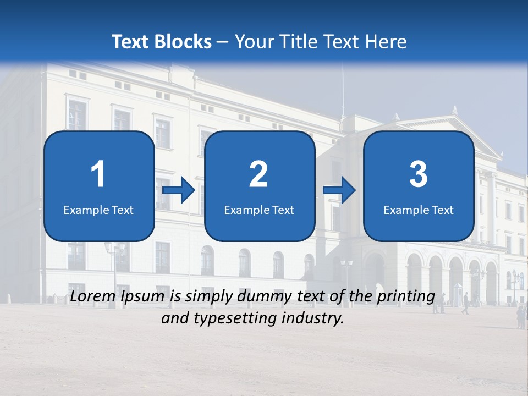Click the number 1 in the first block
(98, 174)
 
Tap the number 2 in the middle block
(258, 174)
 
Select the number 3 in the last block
(419, 174)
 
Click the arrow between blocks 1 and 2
(179, 190)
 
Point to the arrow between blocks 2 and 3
(339, 190)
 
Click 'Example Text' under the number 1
(98, 210)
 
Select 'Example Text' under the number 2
(259, 210)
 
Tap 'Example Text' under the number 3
(419, 210)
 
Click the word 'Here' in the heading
(387, 42)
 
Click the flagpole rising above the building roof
(343, 88)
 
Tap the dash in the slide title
(223, 42)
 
